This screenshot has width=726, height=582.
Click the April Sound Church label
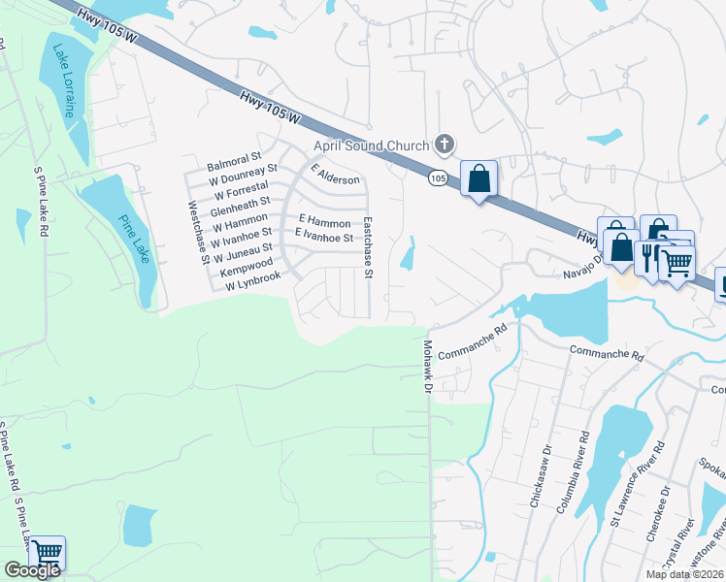coord(370,146)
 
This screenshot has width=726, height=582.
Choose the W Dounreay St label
coord(243,174)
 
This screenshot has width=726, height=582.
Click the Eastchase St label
coord(368,248)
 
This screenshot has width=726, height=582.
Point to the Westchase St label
coord(198,233)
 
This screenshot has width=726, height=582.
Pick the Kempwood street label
coord(247,264)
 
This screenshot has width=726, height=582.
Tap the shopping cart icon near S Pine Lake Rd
coord(47,552)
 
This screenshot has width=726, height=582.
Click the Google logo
coord(32,570)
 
